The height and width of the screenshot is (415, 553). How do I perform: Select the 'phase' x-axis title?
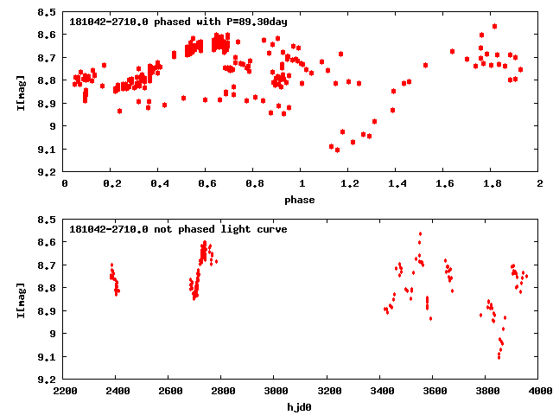coord(302,200)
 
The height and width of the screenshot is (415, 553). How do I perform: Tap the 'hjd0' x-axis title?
coord(302,406)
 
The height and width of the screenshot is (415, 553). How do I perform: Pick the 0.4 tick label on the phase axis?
coord(159,183)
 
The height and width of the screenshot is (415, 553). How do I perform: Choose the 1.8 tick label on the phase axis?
coord(492,183)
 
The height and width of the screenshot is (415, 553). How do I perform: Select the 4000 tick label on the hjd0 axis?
coord(539,391)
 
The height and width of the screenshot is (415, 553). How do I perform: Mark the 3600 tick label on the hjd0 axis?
coord(433,391)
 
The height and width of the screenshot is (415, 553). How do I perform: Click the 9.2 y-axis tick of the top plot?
coord(48,172)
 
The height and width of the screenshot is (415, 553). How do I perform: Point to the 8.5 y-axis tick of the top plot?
coord(48,12)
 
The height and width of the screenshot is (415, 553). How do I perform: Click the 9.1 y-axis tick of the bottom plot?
coord(48,356)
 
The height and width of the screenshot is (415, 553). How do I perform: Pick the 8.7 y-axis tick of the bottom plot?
coord(48,265)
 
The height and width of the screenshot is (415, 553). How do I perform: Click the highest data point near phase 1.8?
coord(494,26)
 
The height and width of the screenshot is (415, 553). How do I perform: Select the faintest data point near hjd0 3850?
coord(499,356)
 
